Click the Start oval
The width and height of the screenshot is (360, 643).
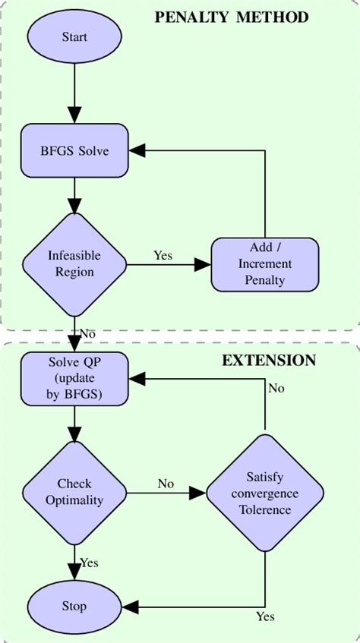point(74,36)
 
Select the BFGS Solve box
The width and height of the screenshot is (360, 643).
point(74,150)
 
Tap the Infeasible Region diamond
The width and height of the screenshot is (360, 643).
point(74,263)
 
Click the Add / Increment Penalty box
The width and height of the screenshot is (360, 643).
point(265,264)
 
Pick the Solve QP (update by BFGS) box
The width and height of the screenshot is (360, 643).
point(74,378)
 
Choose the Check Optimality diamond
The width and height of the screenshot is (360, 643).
point(74,492)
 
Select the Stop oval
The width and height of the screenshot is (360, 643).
point(74,606)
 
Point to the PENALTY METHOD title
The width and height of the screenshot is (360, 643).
point(232,17)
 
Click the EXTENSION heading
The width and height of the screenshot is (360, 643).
point(268,361)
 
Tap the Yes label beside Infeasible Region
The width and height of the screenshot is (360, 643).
point(163,255)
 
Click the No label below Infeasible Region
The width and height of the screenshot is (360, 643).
point(88,333)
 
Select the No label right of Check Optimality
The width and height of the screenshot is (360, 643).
point(166,484)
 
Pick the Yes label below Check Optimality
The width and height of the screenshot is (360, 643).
point(90,563)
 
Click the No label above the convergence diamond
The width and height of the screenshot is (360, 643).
point(276,388)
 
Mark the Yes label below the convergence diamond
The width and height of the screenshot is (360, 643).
point(265,616)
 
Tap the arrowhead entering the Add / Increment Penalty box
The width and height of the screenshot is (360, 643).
point(203,264)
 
